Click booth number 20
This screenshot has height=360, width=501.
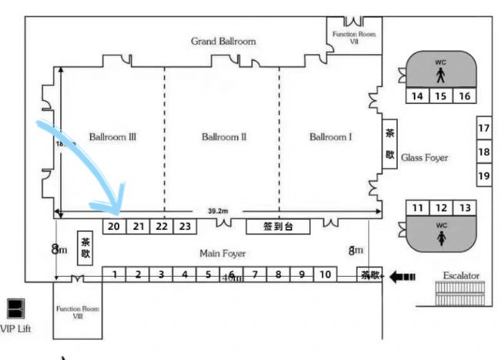tap(113, 227)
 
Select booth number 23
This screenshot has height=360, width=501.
tap(184, 227)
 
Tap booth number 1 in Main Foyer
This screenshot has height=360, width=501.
tap(114, 274)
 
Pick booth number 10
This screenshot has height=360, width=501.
tap(326, 274)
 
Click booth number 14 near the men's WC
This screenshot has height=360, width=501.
tap(417, 96)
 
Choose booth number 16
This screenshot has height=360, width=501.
tap(464, 96)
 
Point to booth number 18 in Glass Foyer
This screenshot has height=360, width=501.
tap(484, 153)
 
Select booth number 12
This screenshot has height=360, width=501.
tap(441, 208)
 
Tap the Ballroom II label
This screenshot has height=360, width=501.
tap(224, 137)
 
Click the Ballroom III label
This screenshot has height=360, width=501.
tap(113, 137)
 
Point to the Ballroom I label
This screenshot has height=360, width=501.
tap(331, 137)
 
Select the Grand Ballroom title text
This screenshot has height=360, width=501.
tap(224, 41)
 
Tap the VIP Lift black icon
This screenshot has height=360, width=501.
tap(13, 309)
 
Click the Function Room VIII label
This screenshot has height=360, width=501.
tap(78, 312)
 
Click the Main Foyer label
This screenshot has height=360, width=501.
tap(223, 252)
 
